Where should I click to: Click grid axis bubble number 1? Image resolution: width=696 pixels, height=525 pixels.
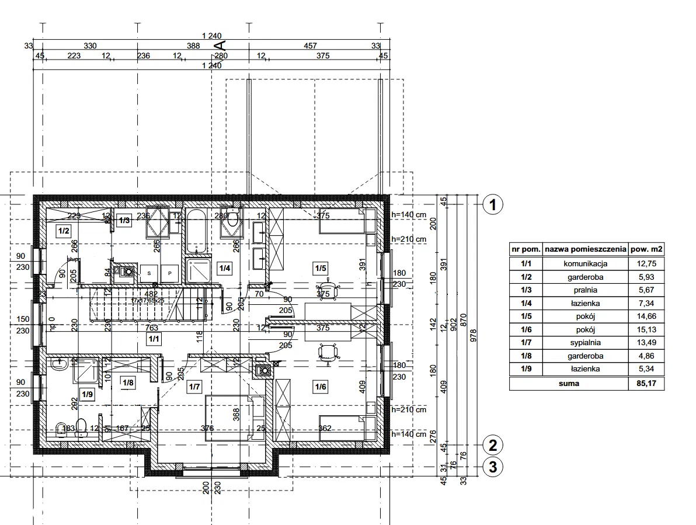[493, 204]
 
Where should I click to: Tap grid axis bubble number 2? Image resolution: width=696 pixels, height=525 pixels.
[493, 446]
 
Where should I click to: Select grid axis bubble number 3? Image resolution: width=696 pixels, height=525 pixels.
[493, 467]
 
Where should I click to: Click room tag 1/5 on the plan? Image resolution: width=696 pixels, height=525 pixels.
[320, 269]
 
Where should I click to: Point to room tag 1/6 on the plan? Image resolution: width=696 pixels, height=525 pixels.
[320, 385]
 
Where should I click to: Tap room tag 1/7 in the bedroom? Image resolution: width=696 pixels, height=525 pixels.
[194, 386]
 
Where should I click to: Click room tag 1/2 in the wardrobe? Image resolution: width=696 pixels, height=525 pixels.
[64, 231]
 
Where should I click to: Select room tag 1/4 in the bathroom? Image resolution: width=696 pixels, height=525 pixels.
[224, 268]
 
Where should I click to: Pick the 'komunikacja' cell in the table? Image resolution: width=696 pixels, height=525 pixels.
[586, 263]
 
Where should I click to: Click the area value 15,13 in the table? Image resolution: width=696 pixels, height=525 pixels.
[645, 329]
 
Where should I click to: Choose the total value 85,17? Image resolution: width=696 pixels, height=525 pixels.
[645, 384]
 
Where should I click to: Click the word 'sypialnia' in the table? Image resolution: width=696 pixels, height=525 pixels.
[586, 343]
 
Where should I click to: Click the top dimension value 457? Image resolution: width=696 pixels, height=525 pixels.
[311, 46]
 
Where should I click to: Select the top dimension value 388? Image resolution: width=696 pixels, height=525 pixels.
[193, 46]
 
